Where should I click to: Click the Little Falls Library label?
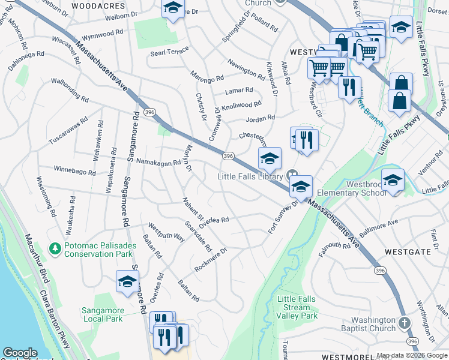[250, 176]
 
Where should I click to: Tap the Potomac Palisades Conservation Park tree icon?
[55, 248]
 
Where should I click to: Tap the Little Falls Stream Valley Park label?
[297, 307]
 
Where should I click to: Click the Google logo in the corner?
[20, 353]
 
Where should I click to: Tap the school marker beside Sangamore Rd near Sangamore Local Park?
[127, 281]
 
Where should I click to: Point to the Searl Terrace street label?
[169, 53]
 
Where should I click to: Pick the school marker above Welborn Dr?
[173, 8]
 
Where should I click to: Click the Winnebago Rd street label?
[74, 172]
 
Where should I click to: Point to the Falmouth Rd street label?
[334, 247]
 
